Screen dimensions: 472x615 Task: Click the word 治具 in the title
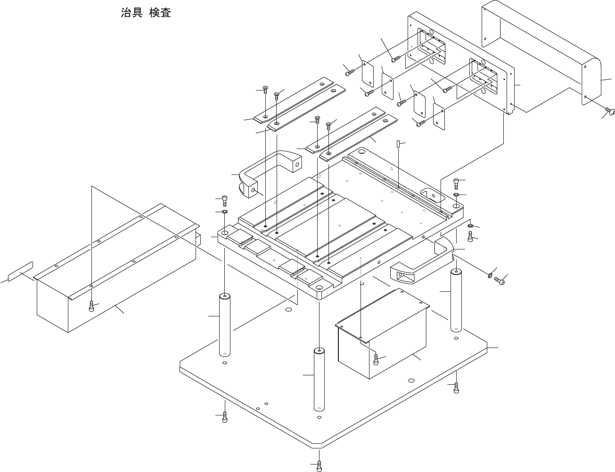tap(131, 13)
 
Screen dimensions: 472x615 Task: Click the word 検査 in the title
tap(160, 13)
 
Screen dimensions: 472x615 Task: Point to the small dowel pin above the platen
tap(398, 143)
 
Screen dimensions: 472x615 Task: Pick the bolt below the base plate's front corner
tap(320, 465)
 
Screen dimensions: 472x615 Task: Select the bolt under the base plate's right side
tap(456, 387)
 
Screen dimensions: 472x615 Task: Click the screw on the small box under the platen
tap(376, 359)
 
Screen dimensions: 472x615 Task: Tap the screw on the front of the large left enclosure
tap(91, 306)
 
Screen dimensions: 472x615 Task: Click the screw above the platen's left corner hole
tap(224, 200)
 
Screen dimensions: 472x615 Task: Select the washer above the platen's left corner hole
tap(224, 212)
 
